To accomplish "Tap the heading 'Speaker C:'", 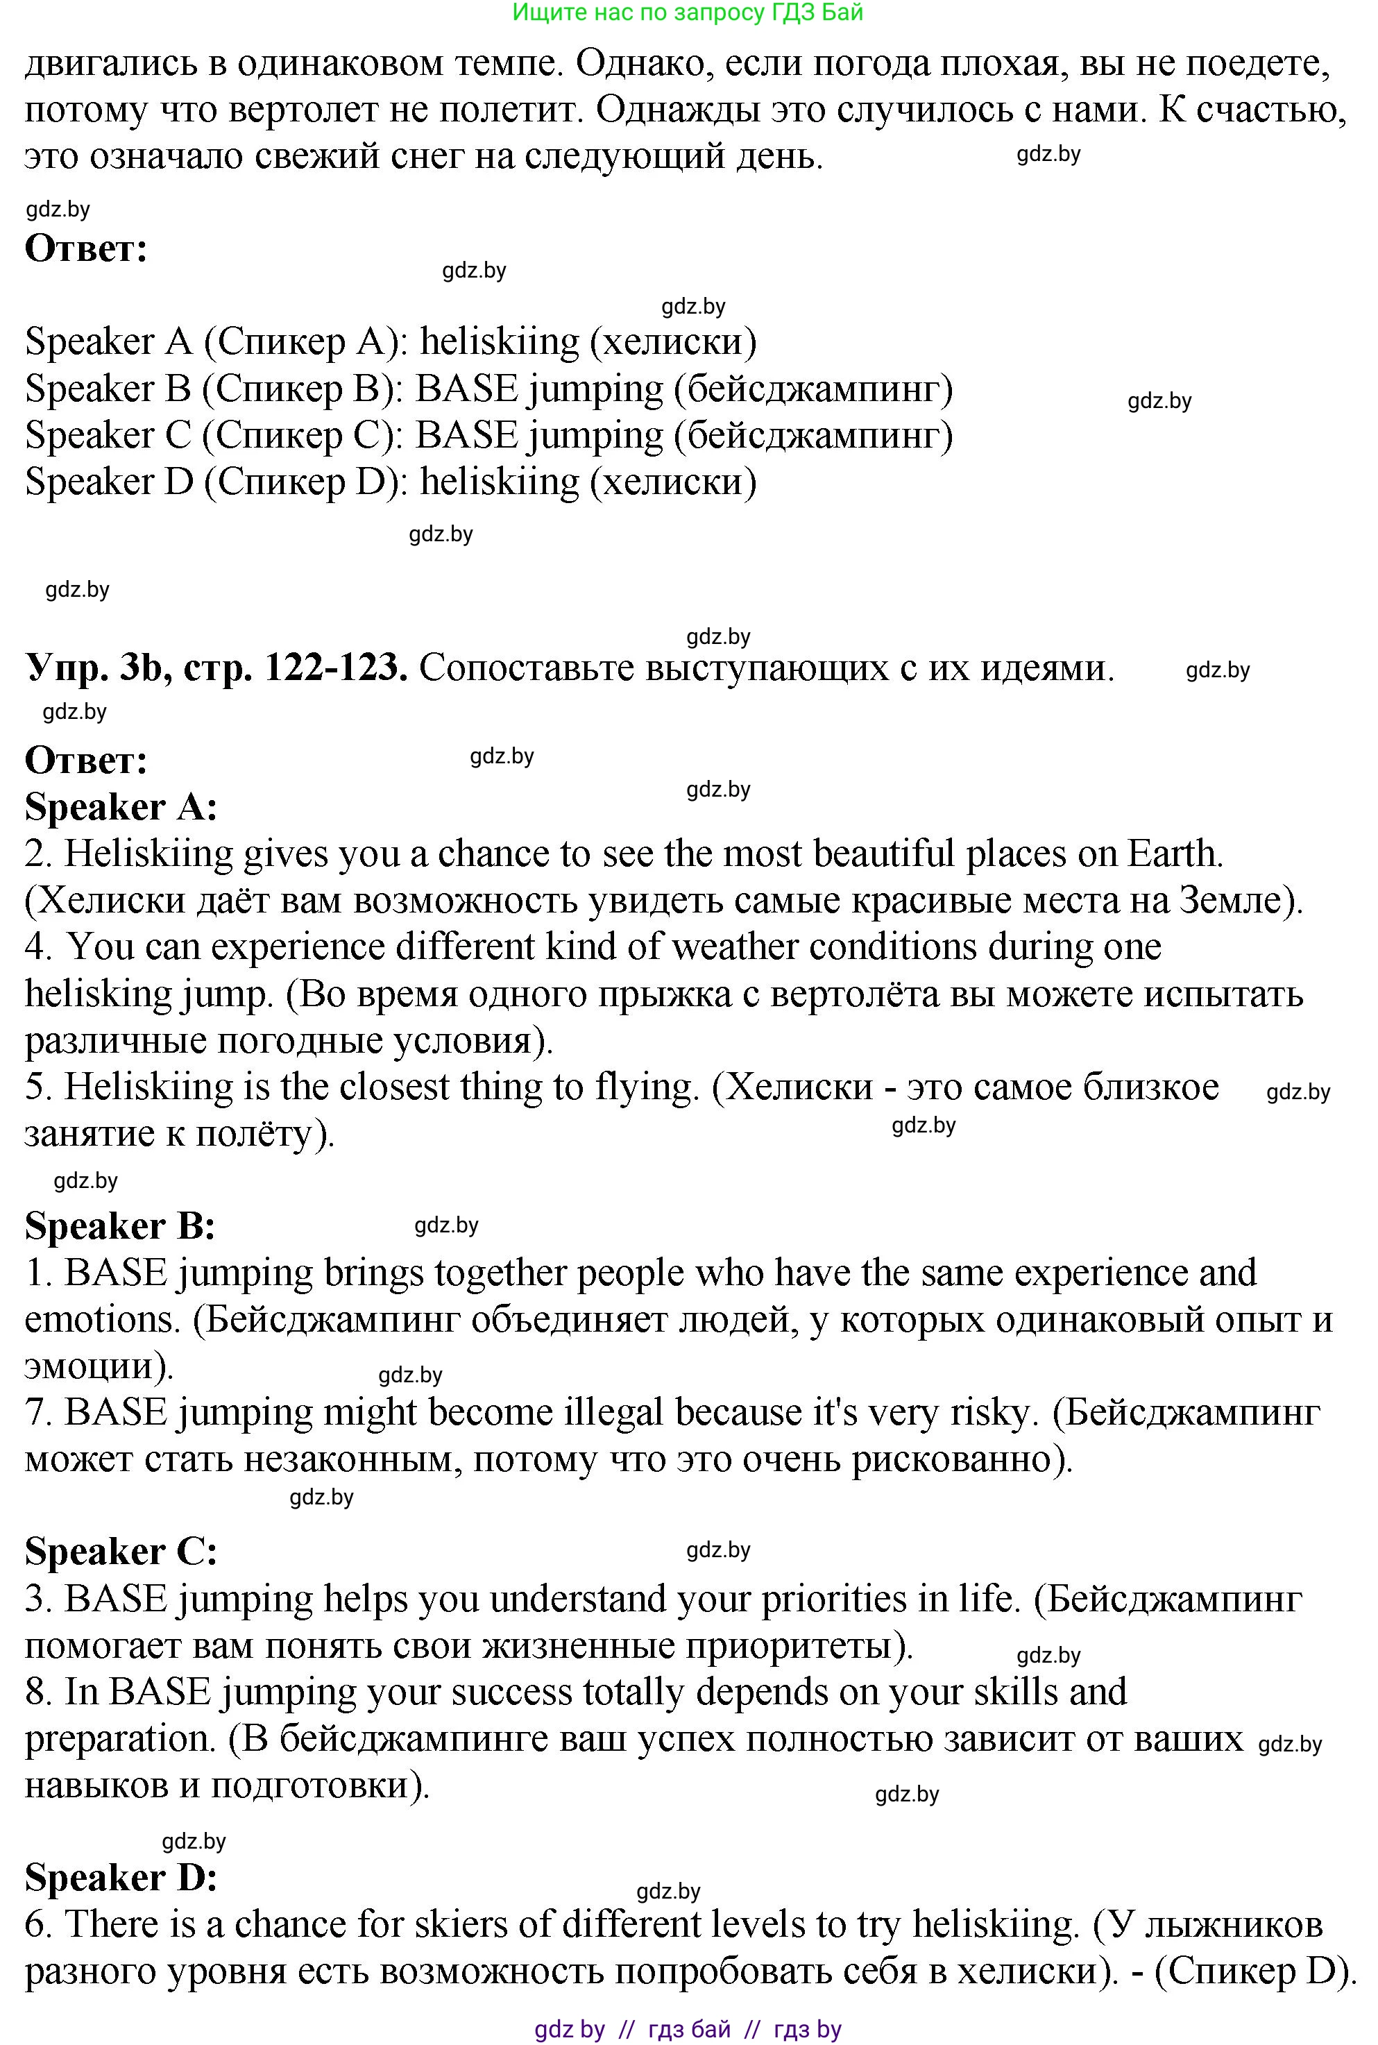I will coord(121,1551).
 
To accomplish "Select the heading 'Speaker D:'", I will coord(121,1877).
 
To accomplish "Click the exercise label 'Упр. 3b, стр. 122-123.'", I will coord(216,668).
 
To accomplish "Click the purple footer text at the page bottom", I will coord(688,2029).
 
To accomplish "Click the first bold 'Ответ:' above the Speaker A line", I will coord(86,248).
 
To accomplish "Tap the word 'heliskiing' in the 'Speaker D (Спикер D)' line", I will coord(499,482).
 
